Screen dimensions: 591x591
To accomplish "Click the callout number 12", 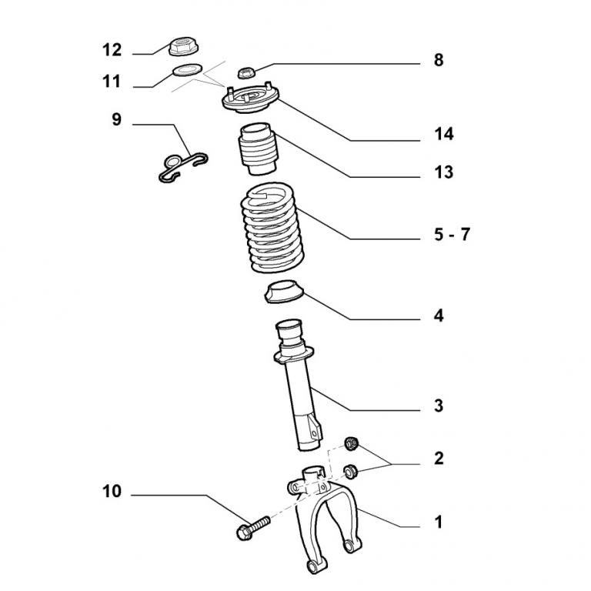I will point(112,50).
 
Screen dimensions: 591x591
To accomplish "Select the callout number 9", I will point(116,120).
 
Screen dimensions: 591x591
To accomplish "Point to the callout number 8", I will point(439,60).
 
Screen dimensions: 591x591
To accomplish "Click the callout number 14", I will point(443,135).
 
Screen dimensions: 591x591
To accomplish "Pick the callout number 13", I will point(443,172).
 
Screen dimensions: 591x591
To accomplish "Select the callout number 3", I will point(439,406).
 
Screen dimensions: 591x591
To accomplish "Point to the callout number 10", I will point(112,491).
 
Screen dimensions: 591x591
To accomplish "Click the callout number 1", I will point(439,523).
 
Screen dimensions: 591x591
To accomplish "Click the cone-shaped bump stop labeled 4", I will point(285,293).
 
